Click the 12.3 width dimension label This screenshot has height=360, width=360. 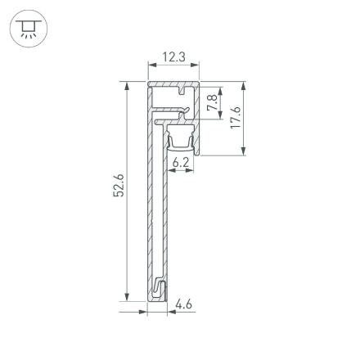coord(173,57)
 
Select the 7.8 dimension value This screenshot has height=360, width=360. coord(212,104)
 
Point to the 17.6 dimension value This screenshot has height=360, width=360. coord(236,117)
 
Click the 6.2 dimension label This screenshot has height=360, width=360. coord(181,162)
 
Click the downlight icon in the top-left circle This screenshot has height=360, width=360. coord(29,29)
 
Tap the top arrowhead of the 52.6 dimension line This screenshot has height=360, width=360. coord(128,85)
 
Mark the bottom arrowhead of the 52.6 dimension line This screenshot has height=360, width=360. coord(128,298)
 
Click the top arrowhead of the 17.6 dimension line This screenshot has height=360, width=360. coord(245,85)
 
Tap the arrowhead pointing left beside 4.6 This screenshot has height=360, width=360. coord(170,310)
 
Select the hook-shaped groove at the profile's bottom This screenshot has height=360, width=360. coord(159,290)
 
